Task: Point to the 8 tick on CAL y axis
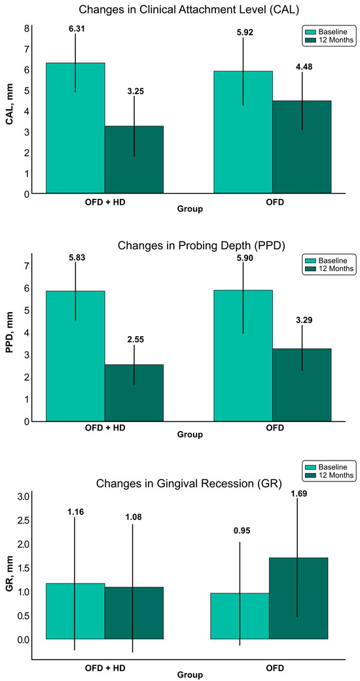click(27, 29)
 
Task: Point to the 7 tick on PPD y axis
click(27, 266)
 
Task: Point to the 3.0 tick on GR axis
click(23, 497)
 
